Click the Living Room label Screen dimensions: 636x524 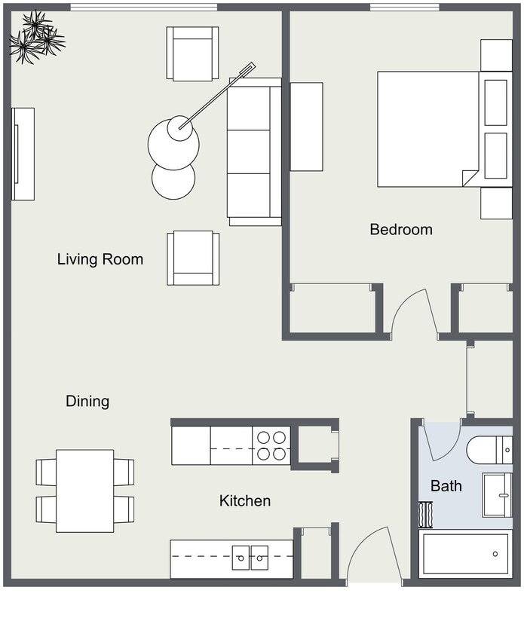(x=100, y=260)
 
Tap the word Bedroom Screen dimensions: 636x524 (x=400, y=230)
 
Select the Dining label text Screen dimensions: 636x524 (x=87, y=402)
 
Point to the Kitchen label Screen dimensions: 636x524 (x=244, y=501)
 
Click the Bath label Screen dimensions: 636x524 (x=446, y=487)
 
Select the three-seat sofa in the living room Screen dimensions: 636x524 (x=254, y=151)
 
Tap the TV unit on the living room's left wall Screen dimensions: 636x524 (x=23, y=154)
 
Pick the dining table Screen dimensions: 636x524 (x=84, y=491)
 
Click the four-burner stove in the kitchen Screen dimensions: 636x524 (x=271, y=445)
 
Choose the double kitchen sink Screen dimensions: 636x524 (x=250, y=558)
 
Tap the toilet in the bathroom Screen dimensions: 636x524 (x=489, y=450)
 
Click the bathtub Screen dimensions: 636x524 (x=465, y=554)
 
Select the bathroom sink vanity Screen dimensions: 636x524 (x=497, y=494)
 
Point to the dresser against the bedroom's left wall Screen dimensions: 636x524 (x=306, y=127)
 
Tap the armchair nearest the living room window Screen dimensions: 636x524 (x=193, y=54)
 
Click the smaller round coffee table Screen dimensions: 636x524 (x=173, y=179)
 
